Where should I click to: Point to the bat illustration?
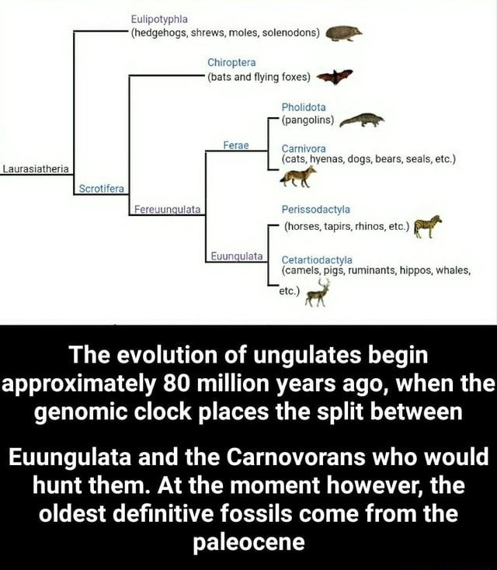(335, 76)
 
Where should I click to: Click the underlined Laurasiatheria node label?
(36, 169)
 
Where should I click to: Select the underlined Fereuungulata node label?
(167, 208)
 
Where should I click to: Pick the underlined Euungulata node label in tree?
(238, 256)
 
